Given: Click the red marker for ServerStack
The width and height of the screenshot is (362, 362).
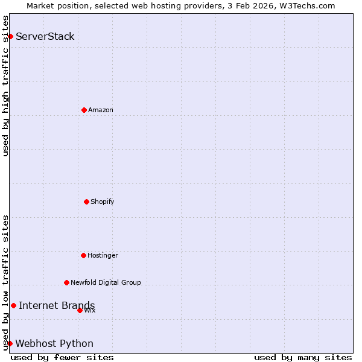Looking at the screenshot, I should coord(10,36).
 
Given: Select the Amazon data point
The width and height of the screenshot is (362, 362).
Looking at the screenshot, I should coord(84,110).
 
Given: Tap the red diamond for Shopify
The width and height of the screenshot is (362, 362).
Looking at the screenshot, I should coord(86,202).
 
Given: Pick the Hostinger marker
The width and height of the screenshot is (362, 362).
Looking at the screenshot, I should coord(83,255).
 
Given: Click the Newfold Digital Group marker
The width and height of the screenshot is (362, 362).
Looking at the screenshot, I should coord(66,282).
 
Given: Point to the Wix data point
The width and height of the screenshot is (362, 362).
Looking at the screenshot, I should coord(80,310).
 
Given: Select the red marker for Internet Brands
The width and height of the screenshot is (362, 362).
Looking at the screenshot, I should coord(13,305).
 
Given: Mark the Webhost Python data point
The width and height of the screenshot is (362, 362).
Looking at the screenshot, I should coord(10,343).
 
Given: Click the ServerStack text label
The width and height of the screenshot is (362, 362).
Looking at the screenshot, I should coord(45,36).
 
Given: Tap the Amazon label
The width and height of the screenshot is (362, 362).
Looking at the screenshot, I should coord(101,110).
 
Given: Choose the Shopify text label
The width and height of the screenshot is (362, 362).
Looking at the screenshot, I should coord(103,202).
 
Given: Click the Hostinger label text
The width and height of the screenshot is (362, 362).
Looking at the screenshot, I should coord(103,255).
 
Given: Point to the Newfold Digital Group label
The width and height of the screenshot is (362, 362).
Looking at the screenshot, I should coord(106,282).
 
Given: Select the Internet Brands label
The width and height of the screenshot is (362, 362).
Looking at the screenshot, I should coord(57,305).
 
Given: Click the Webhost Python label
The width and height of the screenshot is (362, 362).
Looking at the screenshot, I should coord(54,343).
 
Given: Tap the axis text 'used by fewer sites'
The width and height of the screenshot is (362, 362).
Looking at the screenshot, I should coord(62,357).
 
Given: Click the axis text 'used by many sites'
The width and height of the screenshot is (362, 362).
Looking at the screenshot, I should coord(303,357).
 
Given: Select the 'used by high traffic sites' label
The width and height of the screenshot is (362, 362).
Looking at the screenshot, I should coord(5,86).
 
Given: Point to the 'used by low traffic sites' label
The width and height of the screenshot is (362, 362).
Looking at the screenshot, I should coord(5,282).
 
